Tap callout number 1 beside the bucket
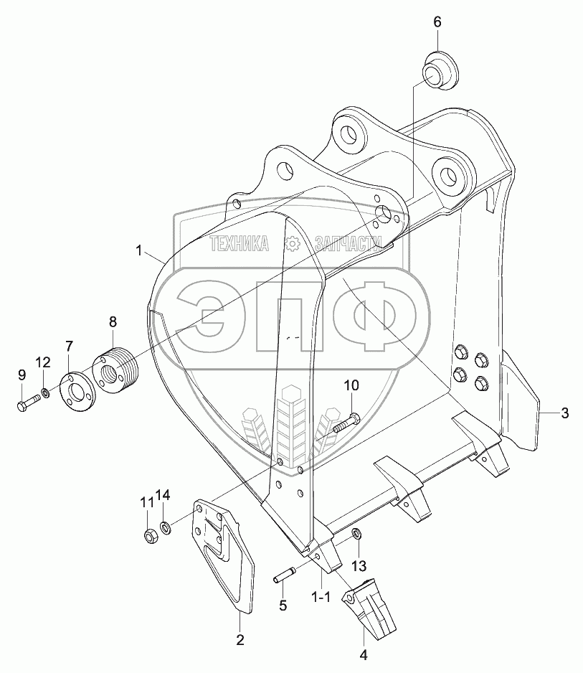[139, 250]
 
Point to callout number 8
[112, 322]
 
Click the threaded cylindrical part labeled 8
[115, 370]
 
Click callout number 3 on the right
[564, 413]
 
